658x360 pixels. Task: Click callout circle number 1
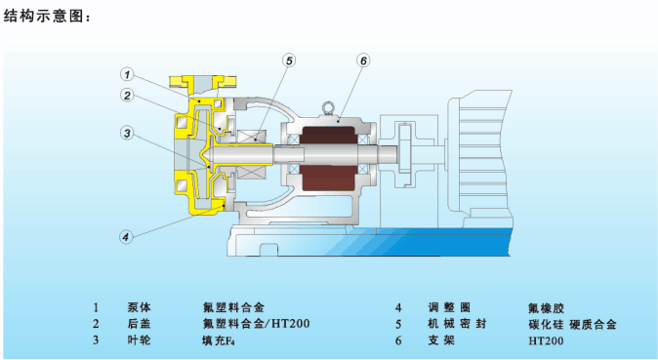(x=127, y=75)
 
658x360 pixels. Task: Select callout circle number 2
(x=127, y=96)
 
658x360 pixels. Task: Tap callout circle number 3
(x=127, y=133)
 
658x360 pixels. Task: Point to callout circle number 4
(x=126, y=237)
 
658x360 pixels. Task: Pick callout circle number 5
(x=289, y=60)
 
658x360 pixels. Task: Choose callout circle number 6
(x=363, y=60)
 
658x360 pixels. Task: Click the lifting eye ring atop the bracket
(x=328, y=108)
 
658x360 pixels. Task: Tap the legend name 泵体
(x=140, y=307)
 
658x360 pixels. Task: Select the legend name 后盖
(x=140, y=324)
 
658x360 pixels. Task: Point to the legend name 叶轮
(x=140, y=340)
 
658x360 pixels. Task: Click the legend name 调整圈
(x=449, y=307)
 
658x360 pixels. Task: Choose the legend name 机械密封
(x=457, y=324)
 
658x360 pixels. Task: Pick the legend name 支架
(x=441, y=340)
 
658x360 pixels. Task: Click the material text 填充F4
(x=219, y=340)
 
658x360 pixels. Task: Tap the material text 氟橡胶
(x=546, y=308)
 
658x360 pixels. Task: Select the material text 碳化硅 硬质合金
(x=572, y=324)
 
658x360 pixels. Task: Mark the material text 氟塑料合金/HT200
(x=256, y=324)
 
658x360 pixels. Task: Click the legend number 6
(x=398, y=340)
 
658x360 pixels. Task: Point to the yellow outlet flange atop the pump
(x=203, y=82)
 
